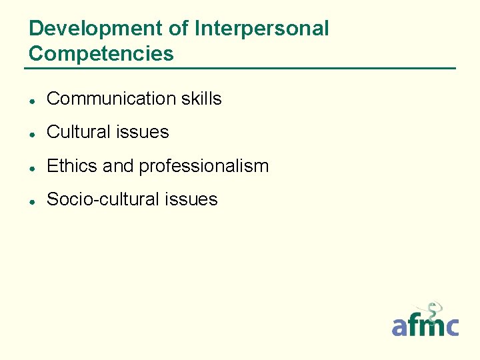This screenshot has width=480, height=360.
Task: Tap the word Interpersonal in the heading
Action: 261,29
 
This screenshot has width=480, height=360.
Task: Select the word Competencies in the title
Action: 101,53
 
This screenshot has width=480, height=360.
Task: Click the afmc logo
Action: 425,325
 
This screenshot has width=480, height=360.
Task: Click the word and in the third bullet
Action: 118,166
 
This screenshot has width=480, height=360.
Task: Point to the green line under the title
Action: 240,68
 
